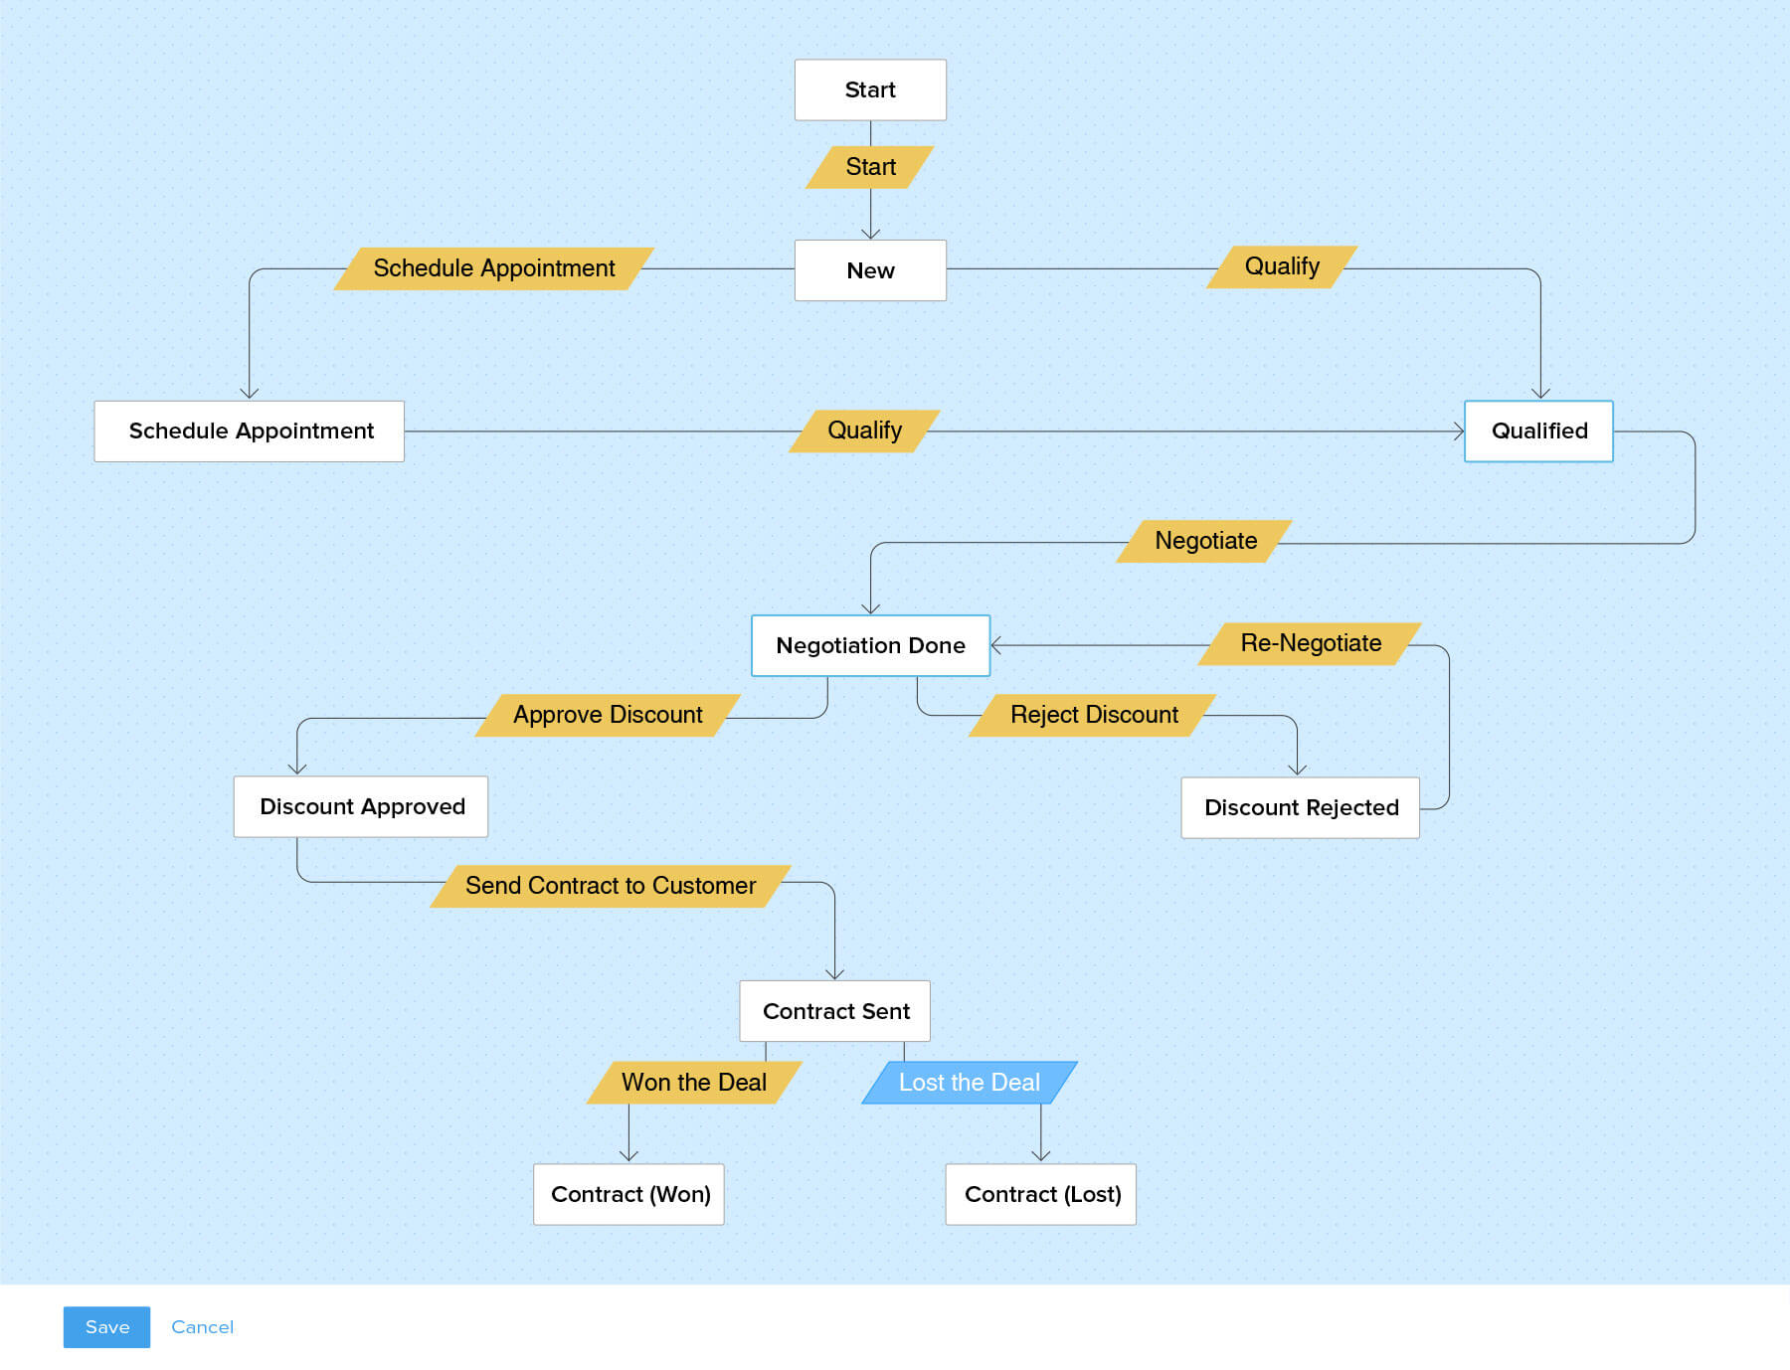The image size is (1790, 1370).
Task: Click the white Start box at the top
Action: [870, 90]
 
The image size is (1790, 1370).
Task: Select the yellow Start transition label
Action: [870, 167]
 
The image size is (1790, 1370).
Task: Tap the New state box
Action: [870, 270]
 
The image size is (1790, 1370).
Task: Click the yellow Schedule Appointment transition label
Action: [494, 268]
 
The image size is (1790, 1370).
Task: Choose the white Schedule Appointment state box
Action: [250, 431]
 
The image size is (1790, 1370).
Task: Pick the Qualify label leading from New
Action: [1282, 266]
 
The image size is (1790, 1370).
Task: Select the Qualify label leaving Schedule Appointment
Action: [864, 430]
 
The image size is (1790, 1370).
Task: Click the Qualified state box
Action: [1538, 431]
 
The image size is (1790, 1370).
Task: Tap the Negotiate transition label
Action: [1205, 541]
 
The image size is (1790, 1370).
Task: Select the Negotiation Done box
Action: [870, 646]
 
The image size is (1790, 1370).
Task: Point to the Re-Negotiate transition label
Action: [1311, 643]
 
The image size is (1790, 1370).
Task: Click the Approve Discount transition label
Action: [608, 715]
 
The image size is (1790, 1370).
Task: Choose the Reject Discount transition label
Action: [1094, 715]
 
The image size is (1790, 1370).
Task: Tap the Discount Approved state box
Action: [361, 807]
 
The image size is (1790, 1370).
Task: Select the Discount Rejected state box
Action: [1301, 808]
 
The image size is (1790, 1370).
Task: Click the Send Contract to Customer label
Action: [611, 886]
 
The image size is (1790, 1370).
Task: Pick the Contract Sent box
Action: [835, 1011]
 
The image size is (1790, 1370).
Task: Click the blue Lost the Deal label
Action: [970, 1083]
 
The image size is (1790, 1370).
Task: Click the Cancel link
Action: [202, 1327]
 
